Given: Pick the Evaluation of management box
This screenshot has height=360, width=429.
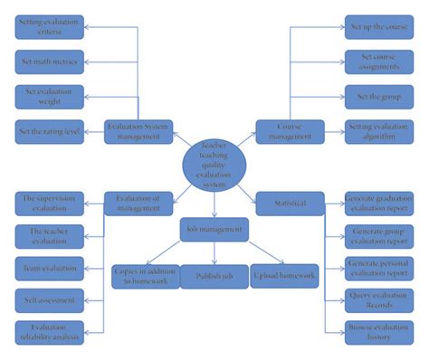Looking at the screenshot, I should (x=138, y=204).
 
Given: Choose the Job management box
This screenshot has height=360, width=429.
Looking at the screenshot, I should (x=214, y=230).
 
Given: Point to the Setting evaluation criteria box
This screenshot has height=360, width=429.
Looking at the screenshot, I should (x=50, y=27).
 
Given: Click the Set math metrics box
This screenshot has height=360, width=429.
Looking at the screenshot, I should (x=50, y=62).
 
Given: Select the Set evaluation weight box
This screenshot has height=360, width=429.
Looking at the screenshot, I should (x=50, y=96).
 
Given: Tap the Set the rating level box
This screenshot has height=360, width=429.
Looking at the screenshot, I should (x=50, y=130).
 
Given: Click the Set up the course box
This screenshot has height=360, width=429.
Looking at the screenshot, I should (x=378, y=27).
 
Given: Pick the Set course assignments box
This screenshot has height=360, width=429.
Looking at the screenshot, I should (x=378, y=62).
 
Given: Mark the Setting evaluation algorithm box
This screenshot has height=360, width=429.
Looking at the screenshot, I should (x=378, y=131).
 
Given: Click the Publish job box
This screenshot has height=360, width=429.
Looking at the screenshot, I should (x=213, y=275).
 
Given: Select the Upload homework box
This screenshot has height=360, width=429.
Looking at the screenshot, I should (x=283, y=275).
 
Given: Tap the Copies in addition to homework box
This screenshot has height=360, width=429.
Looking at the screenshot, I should (x=145, y=275).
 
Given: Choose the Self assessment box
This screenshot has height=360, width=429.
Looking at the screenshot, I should (x=50, y=299).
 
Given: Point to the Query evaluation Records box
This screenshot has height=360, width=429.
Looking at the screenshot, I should (x=378, y=299).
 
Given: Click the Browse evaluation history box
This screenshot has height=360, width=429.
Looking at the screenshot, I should (x=378, y=332).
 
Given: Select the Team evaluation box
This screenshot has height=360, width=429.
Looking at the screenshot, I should (x=50, y=268).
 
